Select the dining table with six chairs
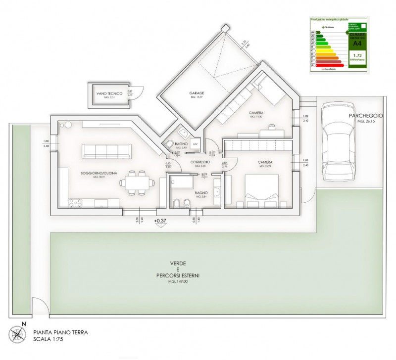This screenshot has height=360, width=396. [135, 182]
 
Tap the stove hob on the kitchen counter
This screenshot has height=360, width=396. [75, 202]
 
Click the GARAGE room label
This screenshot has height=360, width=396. [197, 93]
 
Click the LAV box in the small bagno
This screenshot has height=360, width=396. [195, 144]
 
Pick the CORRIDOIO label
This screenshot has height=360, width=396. [200, 162]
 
